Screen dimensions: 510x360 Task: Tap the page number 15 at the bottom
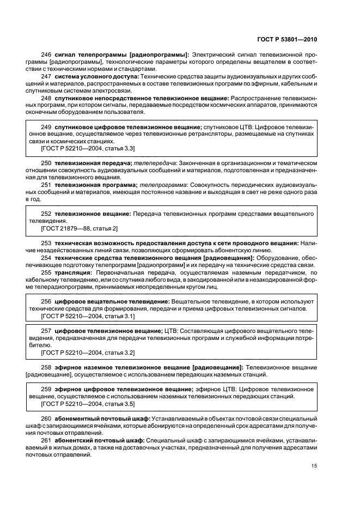point(314,465)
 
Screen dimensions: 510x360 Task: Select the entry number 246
point(46,55)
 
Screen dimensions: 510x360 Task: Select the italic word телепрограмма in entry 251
point(162,185)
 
